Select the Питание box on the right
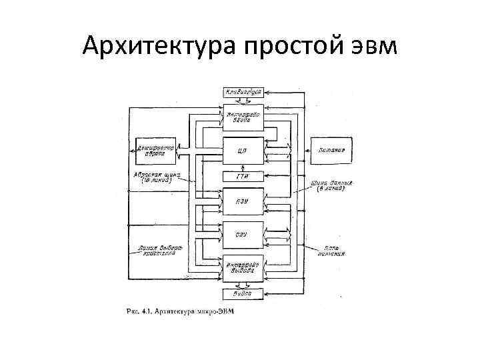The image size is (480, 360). tap(331, 151)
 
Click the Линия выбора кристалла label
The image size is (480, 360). tap(158, 252)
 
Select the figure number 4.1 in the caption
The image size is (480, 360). tap(146, 311)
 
